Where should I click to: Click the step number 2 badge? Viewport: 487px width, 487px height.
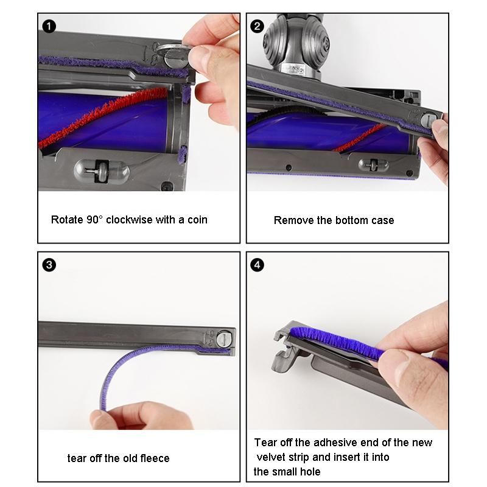(258, 26)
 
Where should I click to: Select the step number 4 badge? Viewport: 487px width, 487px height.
(258, 265)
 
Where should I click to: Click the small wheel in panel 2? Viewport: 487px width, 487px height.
(372, 164)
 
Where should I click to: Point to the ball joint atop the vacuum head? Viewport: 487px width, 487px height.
(292, 40)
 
